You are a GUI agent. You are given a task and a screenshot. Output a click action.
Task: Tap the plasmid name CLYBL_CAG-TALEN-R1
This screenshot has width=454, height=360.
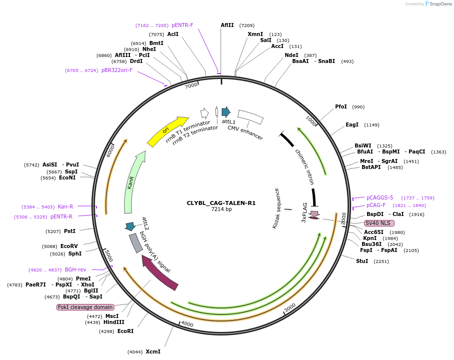click(221, 203)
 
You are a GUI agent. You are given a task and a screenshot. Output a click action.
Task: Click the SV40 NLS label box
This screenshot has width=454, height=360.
click(379, 223)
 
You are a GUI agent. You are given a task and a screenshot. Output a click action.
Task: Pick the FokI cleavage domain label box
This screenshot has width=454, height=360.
click(85, 307)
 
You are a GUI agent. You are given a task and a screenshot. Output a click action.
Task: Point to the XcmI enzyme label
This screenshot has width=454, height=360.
click(153, 351)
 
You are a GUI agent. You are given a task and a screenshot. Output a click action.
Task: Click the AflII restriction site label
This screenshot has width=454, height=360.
click(227, 25)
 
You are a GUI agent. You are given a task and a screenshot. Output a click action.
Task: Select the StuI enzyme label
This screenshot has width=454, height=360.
click(362, 261)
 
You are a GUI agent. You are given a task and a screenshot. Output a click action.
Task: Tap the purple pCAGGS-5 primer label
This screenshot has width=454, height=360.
click(380, 197)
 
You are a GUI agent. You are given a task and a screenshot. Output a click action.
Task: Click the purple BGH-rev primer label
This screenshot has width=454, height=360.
click(75, 269)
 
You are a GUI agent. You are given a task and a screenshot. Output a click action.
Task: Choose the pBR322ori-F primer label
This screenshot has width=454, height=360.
click(117, 70)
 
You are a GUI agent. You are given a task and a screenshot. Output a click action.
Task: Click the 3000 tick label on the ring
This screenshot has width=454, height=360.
click(290, 307)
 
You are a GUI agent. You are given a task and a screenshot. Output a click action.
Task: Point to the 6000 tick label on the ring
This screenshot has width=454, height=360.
click(110, 151)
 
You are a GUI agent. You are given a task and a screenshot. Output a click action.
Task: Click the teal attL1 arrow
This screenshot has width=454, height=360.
click(226, 112)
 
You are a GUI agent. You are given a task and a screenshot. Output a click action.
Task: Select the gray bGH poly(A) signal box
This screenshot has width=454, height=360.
click(135, 243)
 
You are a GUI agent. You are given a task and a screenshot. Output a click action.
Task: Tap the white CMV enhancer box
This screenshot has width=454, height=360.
click(250, 117)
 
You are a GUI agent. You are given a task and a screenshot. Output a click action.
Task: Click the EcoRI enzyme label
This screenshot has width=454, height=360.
click(125, 331)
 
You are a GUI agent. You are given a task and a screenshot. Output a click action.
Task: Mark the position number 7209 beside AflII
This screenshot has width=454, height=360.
click(247, 25)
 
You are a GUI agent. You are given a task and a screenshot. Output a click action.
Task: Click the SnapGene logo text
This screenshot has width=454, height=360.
click(441, 4)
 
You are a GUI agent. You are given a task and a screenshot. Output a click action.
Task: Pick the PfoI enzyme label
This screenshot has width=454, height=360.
click(341, 106)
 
